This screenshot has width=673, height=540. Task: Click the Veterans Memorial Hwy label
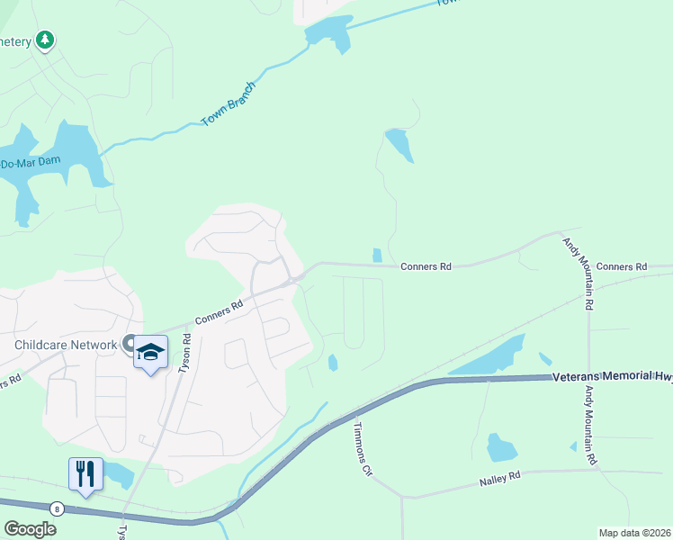[612, 376]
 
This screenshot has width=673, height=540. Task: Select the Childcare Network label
[66, 345]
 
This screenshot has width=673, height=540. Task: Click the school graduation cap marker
[151, 353]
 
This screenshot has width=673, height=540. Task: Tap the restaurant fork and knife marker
[86, 473]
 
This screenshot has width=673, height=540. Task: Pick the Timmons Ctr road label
[363, 449]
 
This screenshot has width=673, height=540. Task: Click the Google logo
[30, 529]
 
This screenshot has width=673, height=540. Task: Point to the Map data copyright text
[635, 533]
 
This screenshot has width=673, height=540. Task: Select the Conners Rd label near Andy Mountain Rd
[622, 266]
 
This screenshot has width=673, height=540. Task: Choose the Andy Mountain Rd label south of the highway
[590, 426]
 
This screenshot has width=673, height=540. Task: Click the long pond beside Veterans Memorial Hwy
[487, 356]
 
